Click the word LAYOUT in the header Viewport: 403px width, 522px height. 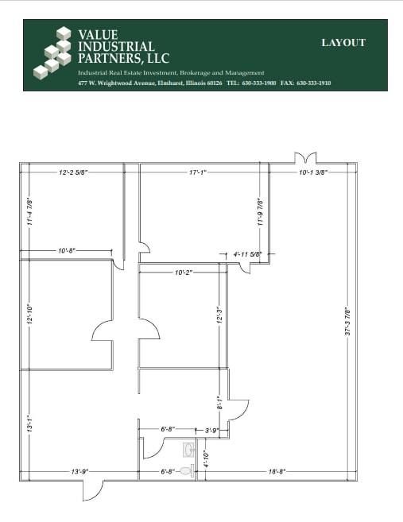(343, 43)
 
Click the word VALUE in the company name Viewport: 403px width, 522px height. (97, 35)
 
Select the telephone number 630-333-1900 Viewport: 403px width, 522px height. (258, 83)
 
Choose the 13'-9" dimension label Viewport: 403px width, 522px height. (79, 471)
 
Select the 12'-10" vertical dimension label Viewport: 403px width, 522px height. (29, 315)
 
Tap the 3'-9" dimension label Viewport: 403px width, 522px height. (212, 430)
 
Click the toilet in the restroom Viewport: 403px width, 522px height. (185, 471)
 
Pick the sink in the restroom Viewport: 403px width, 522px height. (188, 450)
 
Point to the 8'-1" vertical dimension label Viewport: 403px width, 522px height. (219, 403)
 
